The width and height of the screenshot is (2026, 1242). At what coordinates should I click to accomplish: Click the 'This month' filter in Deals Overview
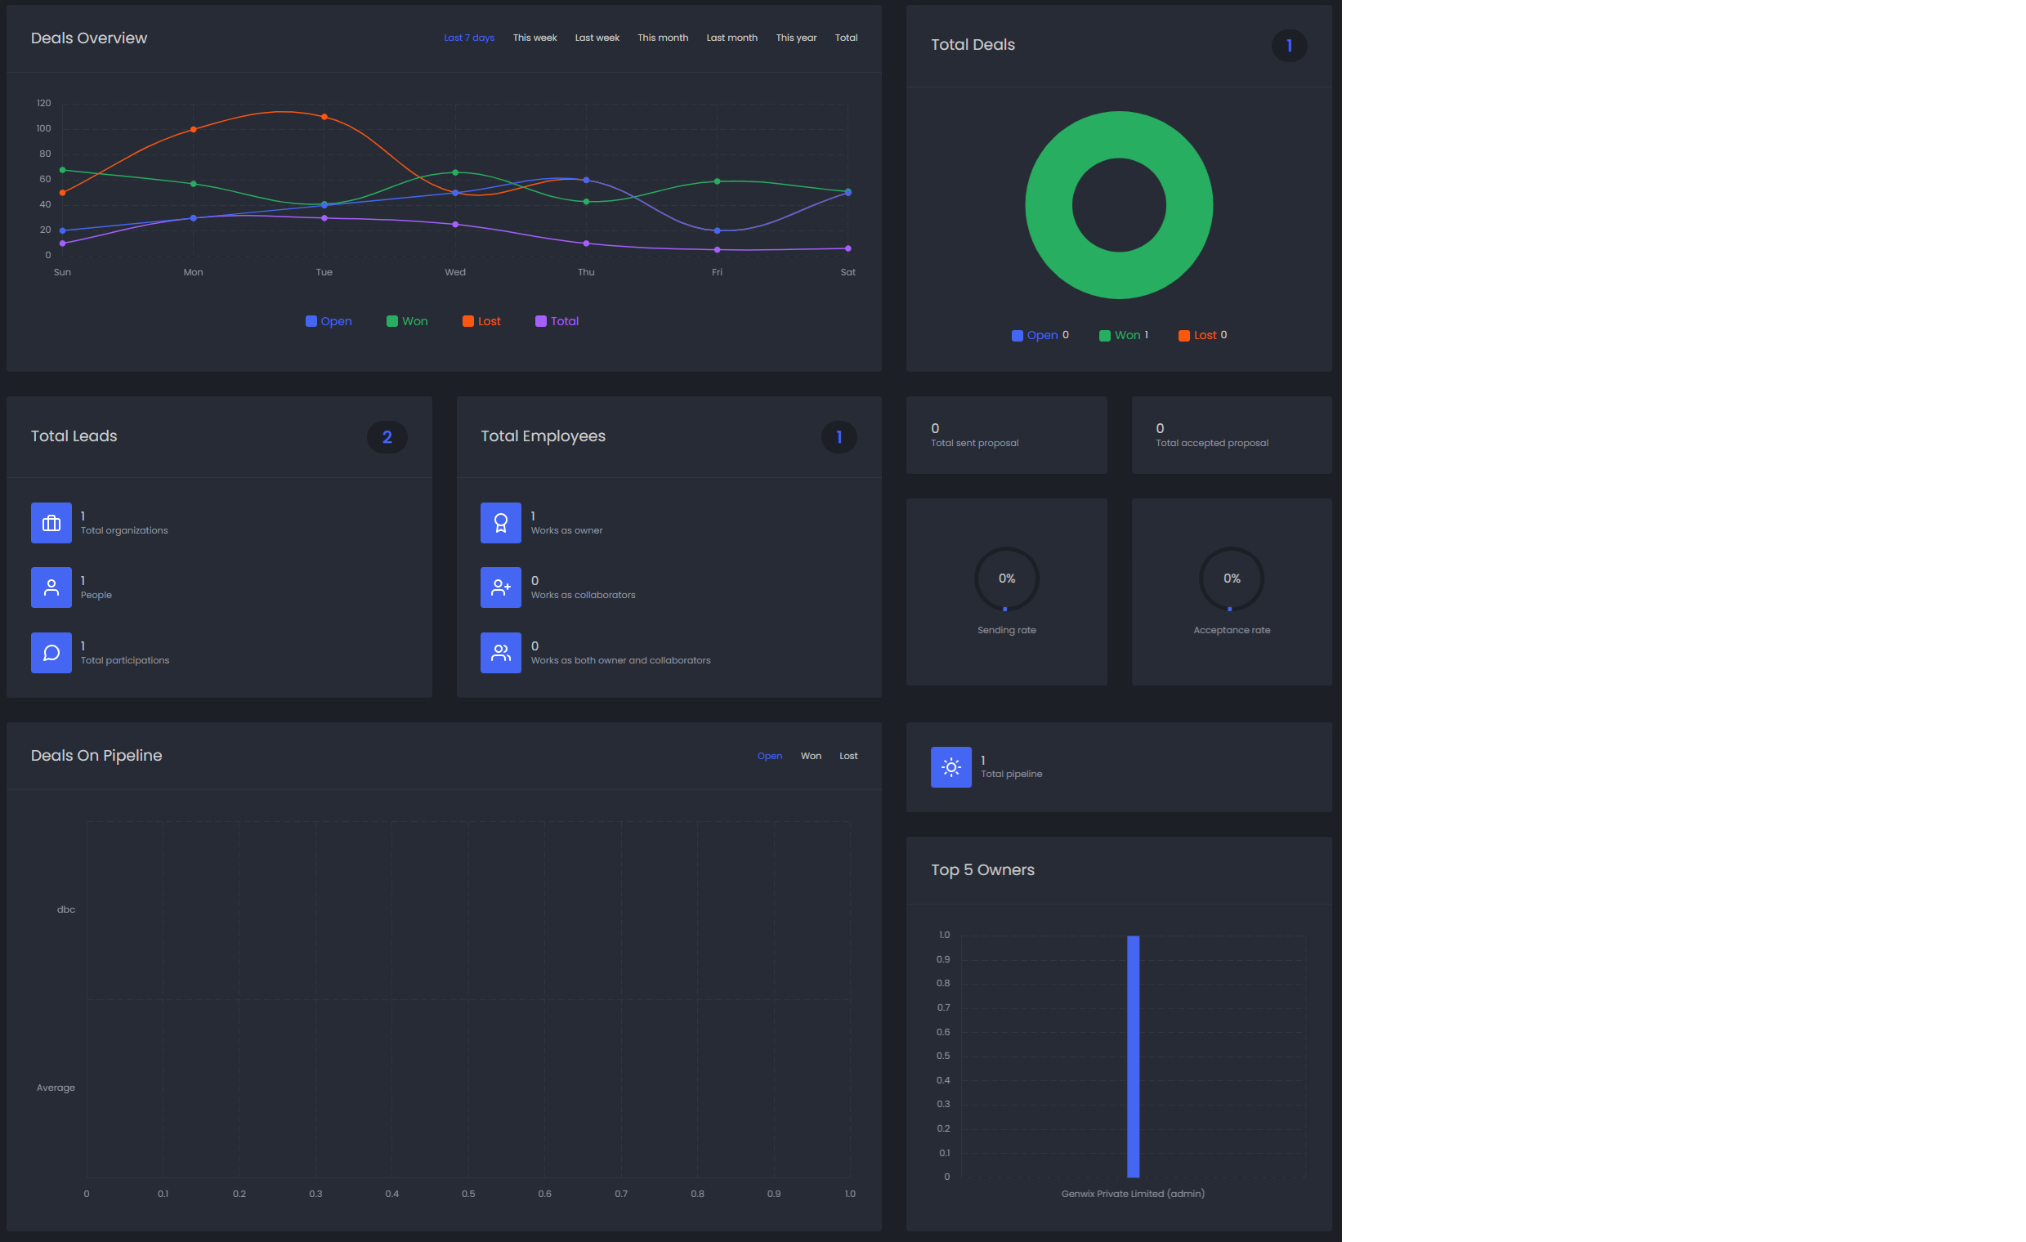663,38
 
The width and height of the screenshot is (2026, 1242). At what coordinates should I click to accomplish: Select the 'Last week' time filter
597,38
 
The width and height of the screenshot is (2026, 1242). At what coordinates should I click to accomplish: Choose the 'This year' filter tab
796,38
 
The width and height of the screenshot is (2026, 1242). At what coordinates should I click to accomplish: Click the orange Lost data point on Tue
324,117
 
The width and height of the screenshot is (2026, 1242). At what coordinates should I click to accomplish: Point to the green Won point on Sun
62,170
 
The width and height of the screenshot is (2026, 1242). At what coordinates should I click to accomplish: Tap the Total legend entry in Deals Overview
557,321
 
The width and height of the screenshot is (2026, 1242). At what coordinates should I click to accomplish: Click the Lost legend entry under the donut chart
1202,335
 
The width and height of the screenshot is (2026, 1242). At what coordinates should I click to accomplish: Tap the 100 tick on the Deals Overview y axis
43,128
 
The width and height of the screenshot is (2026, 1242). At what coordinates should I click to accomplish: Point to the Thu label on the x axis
586,272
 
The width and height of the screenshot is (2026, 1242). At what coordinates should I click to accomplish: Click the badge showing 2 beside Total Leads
387,437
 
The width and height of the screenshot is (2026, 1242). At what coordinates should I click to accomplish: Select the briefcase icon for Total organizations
51,523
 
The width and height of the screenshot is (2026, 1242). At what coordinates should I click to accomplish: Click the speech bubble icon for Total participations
51,653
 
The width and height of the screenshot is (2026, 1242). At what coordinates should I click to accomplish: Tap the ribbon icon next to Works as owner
501,523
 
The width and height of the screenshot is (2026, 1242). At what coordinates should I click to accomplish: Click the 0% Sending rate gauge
1006,579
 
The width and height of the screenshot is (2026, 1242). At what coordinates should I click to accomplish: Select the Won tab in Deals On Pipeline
811,756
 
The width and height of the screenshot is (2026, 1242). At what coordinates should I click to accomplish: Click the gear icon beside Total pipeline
950,767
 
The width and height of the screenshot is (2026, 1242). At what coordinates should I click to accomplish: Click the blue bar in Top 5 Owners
1133,1057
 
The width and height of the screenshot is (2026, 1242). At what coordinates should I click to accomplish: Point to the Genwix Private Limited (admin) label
1133,1194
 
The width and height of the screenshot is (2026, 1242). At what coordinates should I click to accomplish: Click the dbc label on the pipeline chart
65,910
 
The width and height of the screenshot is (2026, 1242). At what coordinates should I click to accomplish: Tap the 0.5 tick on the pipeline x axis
468,1194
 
